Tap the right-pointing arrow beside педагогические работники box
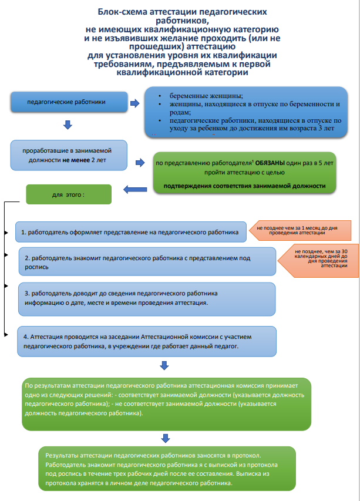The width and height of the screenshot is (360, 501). [x=134, y=103]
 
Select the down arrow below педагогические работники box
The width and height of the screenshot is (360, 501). [x=67, y=125]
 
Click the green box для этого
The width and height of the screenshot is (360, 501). [x=69, y=194]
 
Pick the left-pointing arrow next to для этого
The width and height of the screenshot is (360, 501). [x=134, y=189]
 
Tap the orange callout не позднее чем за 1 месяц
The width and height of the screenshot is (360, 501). [x=300, y=230]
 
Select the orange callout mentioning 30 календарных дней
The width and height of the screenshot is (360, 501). [x=318, y=258]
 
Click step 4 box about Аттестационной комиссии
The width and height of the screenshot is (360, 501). [x=147, y=342]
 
